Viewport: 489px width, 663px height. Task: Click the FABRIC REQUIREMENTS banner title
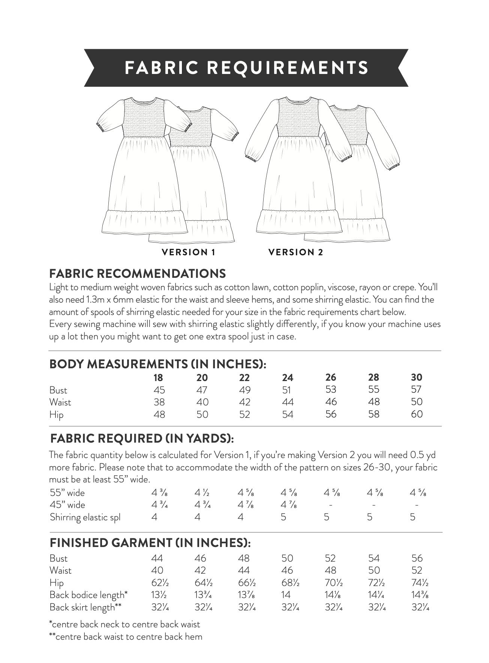tap(246, 68)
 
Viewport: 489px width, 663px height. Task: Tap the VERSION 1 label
tap(188, 252)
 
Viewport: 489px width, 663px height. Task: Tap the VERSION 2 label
tap(295, 252)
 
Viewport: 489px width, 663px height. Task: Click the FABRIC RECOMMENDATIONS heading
tap(137, 274)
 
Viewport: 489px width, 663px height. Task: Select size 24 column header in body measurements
tap(287, 377)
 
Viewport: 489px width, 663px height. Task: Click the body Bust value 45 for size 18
tap(159, 390)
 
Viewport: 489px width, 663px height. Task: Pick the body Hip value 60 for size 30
tap(417, 414)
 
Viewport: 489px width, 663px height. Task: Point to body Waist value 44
tap(287, 402)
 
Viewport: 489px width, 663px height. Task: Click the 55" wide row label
tap(67, 493)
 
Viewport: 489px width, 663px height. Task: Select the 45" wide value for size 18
tap(159, 505)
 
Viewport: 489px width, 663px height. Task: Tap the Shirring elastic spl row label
tap(85, 517)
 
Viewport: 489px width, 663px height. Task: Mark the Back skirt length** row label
tap(85, 607)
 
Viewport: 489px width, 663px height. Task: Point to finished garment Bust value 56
tap(417, 558)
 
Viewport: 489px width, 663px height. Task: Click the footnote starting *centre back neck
tap(124, 624)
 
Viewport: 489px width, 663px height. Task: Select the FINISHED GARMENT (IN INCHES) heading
tap(150, 543)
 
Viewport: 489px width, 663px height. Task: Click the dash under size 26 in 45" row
tap(330, 505)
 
